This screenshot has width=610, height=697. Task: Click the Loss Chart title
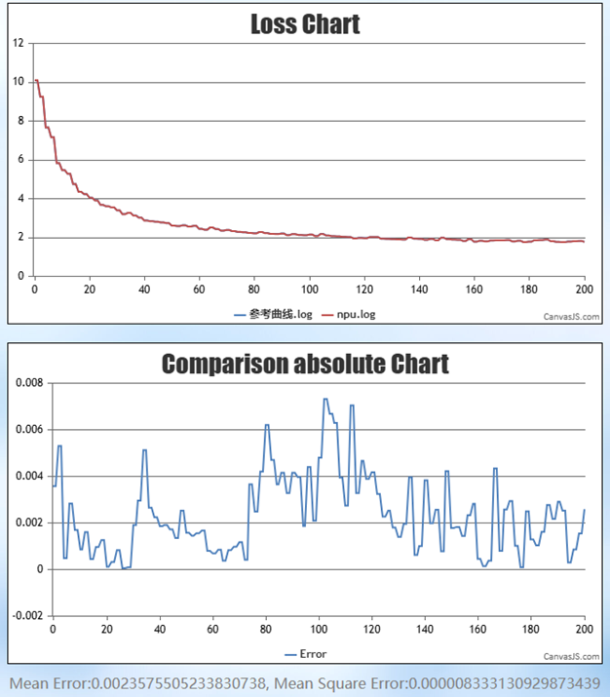305,24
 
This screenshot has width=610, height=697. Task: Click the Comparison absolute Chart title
305,365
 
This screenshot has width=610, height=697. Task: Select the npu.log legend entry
354,314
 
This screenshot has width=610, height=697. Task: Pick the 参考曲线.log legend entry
279,314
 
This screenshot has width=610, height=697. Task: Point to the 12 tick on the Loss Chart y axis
19,43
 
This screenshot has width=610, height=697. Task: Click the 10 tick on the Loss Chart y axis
19,82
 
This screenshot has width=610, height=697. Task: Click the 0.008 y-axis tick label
29,383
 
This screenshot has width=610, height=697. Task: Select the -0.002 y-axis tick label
27,616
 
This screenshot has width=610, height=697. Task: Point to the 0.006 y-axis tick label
29,430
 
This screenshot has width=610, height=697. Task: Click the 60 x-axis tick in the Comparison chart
212,630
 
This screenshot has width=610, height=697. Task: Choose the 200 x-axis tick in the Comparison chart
584,630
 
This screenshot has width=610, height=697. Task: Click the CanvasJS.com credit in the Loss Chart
572,316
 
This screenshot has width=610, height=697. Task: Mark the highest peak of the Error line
325,399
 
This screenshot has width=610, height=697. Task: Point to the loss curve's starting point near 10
36,81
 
